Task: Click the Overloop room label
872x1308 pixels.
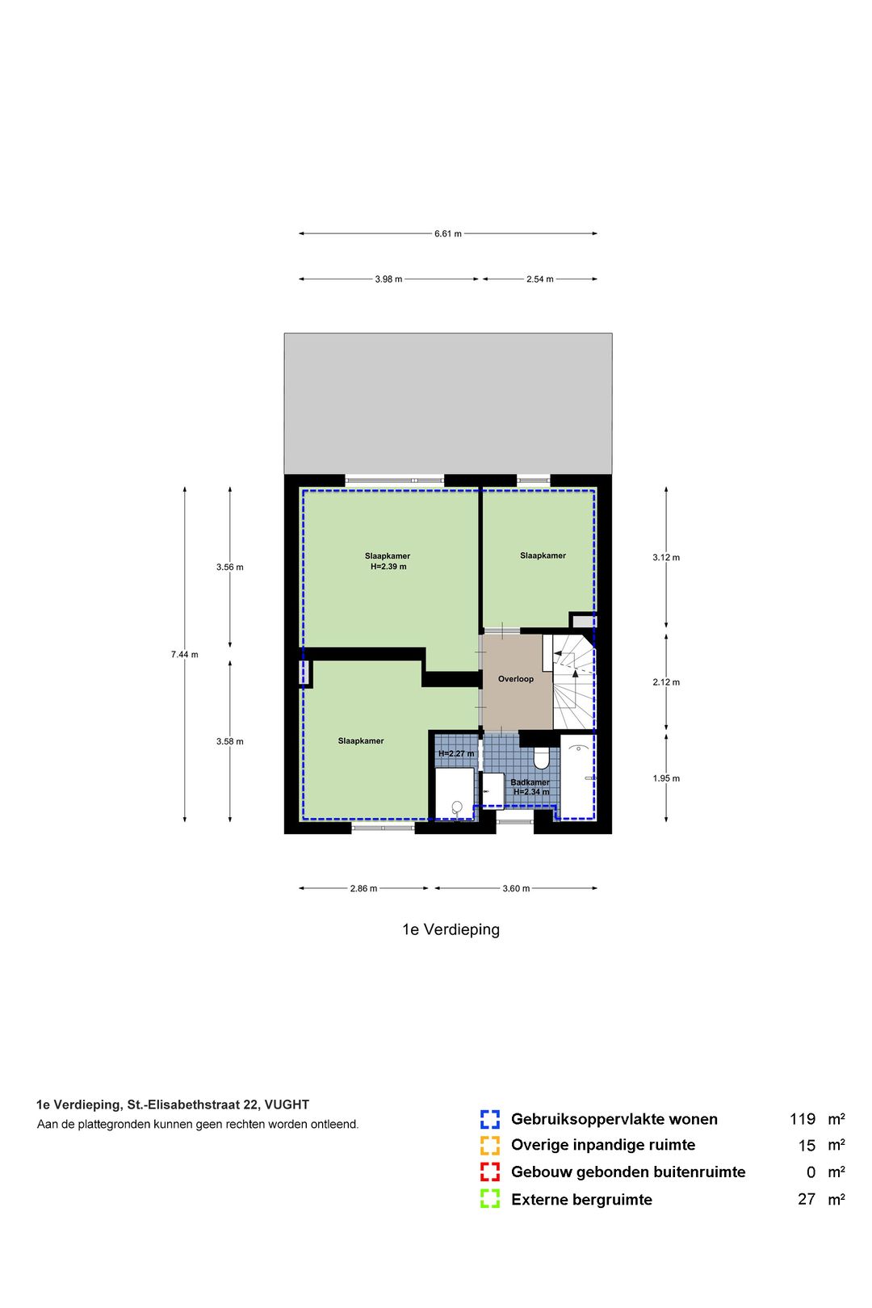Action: (x=515, y=679)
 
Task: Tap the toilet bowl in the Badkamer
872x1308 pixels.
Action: (x=542, y=758)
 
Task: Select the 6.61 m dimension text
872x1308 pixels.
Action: (x=447, y=234)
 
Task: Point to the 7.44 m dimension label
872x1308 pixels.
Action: (x=184, y=655)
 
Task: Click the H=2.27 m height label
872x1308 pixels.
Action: (x=456, y=754)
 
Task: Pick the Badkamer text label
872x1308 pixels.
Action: (x=530, y=782)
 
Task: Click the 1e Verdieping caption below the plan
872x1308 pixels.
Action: (x=451, y=929)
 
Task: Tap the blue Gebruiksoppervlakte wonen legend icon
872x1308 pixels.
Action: (x=489, y=1119)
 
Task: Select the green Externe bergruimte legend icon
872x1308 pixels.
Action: (x=489, y=1199)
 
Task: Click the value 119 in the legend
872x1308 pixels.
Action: (x=802, y=1119)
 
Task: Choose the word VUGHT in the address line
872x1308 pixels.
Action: (x=287, y=1105)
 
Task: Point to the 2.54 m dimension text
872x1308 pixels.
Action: (x=539, y=279)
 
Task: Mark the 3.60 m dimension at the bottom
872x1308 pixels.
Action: (x=516, y=889)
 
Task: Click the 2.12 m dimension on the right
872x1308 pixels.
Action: (x=666, y=682)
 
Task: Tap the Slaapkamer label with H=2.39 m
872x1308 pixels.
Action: (x=388, y=561)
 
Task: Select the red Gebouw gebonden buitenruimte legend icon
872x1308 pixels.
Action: (x=489, y=1172)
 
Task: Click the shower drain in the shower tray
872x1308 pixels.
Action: (x=457, y=806)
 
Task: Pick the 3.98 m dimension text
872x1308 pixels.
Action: (x=388, y=279)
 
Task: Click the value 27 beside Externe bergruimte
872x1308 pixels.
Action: (x=806, y=1199)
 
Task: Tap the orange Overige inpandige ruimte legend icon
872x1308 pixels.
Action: (x=489, y=1145)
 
